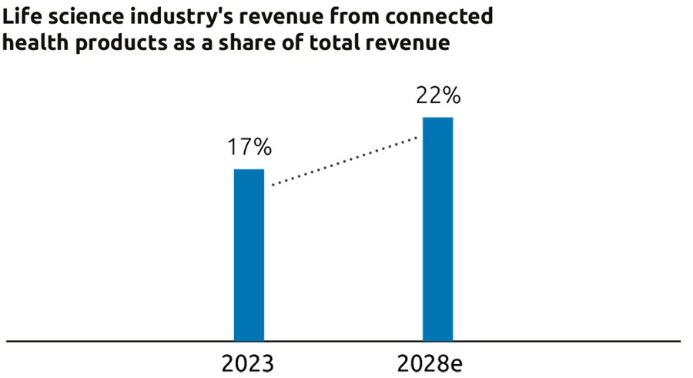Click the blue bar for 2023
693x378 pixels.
pyautogui.click(x=249, y=254)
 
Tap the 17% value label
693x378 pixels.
pyautogui.click(x=249, y=147)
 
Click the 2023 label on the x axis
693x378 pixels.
pyautogui.click(x=248, y=362)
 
